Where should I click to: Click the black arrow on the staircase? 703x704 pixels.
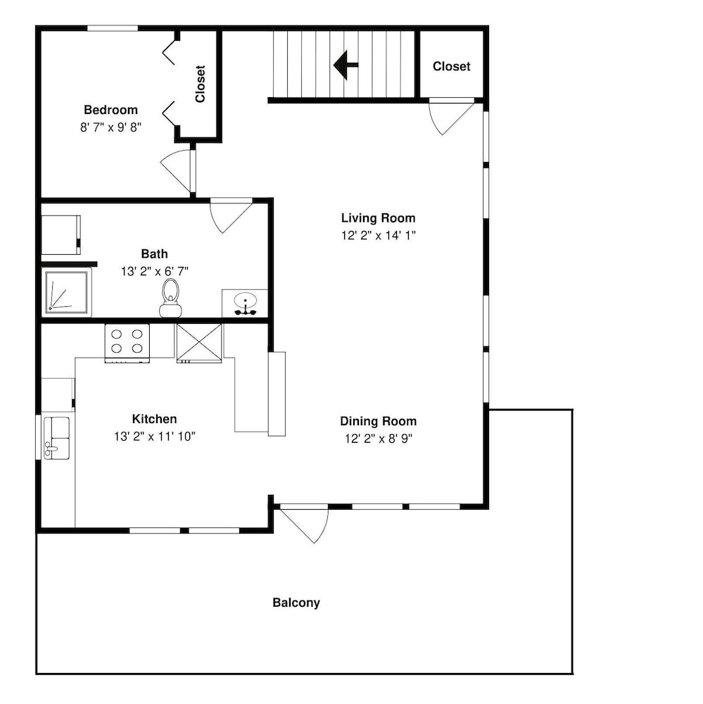pyautogui.click(x=346, y=65)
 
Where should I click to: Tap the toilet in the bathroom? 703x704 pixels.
pyautogui.click(x=170, y=298)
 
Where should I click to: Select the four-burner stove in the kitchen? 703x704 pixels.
pyautogui.click(x=127, y=343)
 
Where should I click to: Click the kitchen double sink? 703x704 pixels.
pyautogui.click(x=56, y=438)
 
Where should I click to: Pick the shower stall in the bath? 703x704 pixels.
pyautogui.click(x=66, y=292)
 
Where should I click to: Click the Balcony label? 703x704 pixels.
pyautogui.click(x=296, y=603)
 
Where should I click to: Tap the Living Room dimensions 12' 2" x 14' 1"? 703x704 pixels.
pyautogui.click(x=379, y=235)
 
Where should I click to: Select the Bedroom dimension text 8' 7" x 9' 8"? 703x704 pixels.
pyautogui.click(x=111, y=127)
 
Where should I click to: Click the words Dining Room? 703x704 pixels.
pyautogui.click(x=379, y=421)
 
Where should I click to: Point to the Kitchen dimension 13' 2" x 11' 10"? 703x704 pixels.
pyautogui.click(x=155, y=436)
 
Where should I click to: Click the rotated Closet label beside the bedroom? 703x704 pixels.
pyautogui.click(x=201, y=84)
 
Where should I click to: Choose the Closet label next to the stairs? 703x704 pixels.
pyautogui.click(x=452, y=66)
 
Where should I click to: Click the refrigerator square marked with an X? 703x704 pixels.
pyautogui.click(x=199, y=343)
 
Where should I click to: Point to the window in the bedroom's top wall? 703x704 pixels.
pyautogui.click(x=112, y=28)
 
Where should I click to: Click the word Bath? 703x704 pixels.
pyautogui.click(x=154, y=254)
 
